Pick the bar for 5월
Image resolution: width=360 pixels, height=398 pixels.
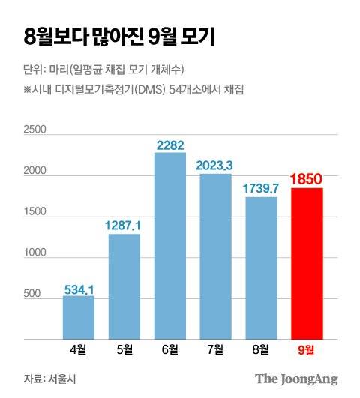click(124, 285)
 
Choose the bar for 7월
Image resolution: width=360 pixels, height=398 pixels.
click(215, 255)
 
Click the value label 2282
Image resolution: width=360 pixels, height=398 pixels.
click(170, 145)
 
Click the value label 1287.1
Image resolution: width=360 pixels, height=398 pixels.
click(124, 225)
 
